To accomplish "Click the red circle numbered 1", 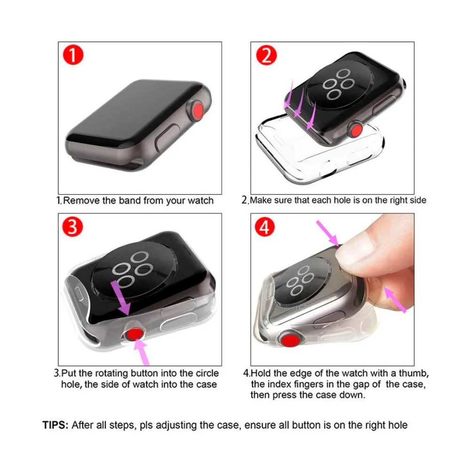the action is (73, 55).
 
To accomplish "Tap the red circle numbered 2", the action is (266, 55).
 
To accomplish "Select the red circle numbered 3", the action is (72, 227).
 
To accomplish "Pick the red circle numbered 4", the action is (265, 227).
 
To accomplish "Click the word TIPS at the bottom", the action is (55, 425).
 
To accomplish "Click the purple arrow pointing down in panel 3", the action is (120, 298).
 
